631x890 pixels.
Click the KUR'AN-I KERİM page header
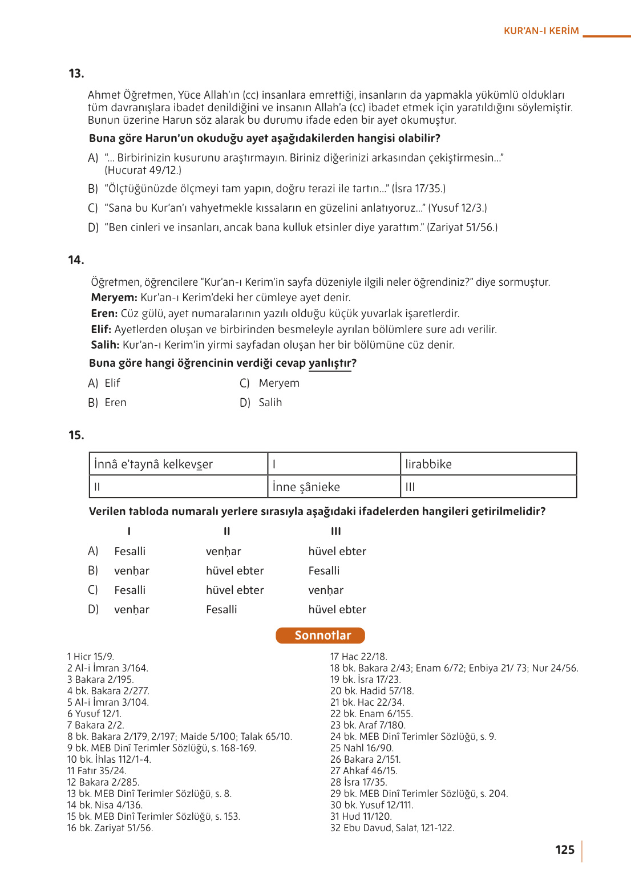coord(541,31)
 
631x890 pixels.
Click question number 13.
coord(76,74)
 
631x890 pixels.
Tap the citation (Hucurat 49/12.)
coord(143,171)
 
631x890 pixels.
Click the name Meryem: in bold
coord(114,298)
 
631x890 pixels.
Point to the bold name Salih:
coord(105,345)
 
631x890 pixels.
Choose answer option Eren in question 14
coord(115,403)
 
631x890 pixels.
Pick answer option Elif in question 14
coord(112,383)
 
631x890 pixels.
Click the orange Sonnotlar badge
coord(320,636)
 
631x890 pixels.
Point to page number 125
coord(565,850)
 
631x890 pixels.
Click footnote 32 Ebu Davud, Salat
coord(392,828)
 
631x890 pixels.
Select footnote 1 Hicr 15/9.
coord(91,657)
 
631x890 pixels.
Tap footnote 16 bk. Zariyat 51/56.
coord(110,828)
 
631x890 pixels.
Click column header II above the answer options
coord(226,532)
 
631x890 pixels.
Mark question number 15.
coord(76,435)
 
